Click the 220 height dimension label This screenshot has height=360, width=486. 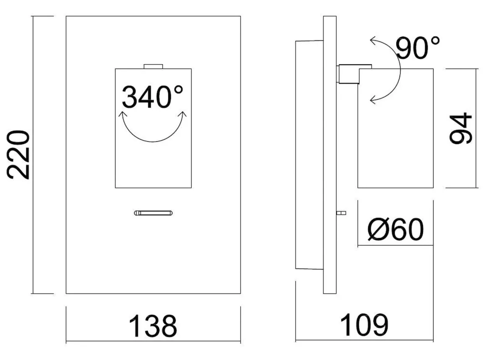[18, 155]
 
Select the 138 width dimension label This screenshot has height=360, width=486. [153, 326]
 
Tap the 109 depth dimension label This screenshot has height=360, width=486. [364, 325]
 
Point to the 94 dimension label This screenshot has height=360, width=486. [461, 128]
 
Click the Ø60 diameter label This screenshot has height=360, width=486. [396, 229]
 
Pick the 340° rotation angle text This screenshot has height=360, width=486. [153, 97]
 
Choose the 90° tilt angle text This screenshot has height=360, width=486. [418, 48]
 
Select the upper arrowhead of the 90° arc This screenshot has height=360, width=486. [374, 40]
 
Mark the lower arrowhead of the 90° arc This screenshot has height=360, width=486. [374, 100]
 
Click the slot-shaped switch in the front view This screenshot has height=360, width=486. [153, 213]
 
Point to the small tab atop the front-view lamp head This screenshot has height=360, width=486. [153, 66]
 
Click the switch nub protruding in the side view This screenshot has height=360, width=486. [341, 213]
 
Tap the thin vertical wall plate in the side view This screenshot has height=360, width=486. [330, 154]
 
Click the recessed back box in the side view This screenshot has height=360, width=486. [309, 155]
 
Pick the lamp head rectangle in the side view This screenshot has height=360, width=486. [396, 128]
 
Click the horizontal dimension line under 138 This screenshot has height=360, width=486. [153, 342]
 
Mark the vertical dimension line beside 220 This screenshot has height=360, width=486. [33, 154]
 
